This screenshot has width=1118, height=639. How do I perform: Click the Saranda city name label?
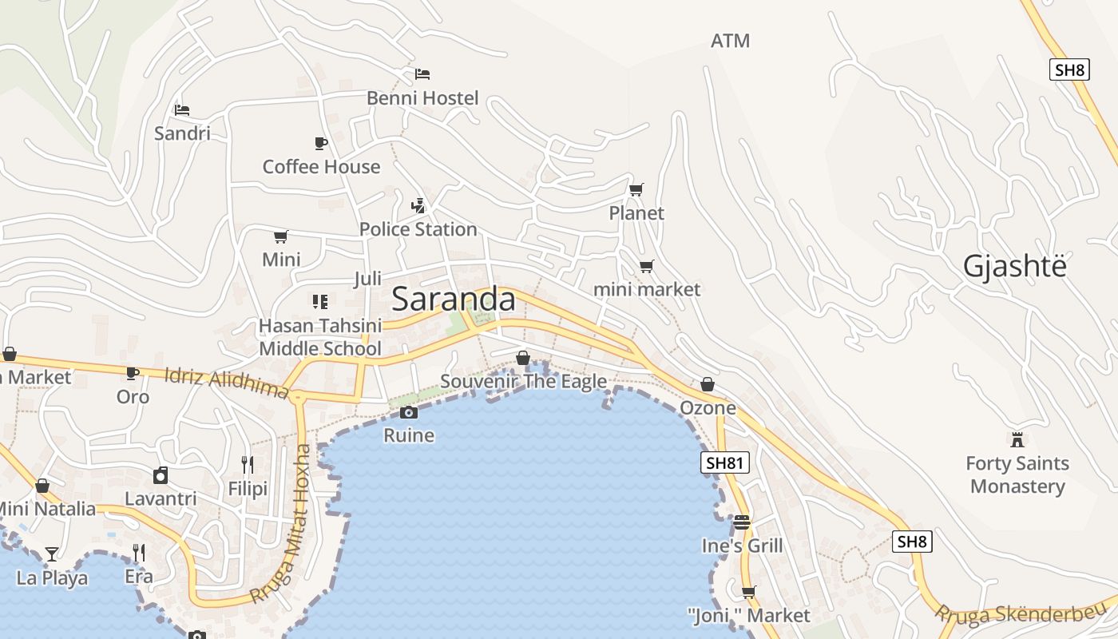click(454, 300)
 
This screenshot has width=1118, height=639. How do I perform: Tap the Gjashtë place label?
click(1014, 266)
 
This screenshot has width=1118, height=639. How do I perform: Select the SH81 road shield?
click(725, 462)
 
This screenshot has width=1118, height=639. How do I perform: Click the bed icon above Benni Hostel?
click(422, 74)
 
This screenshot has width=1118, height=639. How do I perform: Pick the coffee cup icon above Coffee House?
click(321, 143)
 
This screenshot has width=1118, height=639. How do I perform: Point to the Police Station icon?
click(418, 205)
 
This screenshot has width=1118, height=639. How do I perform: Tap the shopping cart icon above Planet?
click(636, 189)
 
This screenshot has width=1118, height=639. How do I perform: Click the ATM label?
click(730, 41)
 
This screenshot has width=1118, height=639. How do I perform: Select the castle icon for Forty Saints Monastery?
click(1017, 439)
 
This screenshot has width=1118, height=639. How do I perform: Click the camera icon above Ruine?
click(409, 412)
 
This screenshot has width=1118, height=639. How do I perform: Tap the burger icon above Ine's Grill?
click(742, 522)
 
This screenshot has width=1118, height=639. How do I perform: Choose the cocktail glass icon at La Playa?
click(52, 554)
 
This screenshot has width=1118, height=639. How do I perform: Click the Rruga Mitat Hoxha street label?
click(281, 524)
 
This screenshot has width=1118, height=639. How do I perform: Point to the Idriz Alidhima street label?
click(226, 383)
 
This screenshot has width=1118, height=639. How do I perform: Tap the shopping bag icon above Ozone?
click(708, 384)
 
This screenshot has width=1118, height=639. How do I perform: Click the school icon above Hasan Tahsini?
click(320, 301)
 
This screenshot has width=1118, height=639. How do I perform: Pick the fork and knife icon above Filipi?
click(248, 464)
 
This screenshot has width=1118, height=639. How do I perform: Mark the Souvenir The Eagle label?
click(523, 382)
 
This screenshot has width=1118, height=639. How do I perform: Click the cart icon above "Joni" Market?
click(748, 592)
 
